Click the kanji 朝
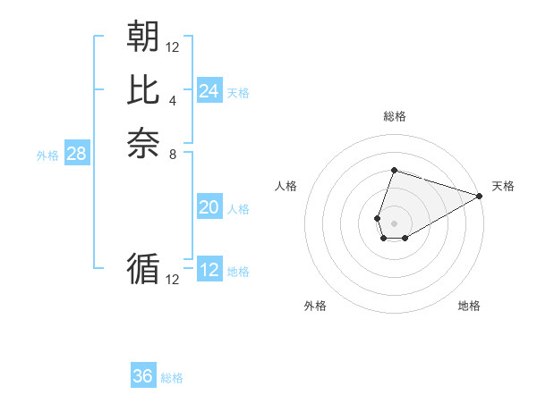143,37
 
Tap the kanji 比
143,90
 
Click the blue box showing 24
209,91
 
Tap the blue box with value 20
209,207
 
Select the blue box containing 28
76,154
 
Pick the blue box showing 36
143,376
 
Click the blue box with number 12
209,270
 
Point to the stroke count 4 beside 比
173,100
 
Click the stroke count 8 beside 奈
173,154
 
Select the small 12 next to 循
173,280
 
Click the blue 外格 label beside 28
47,155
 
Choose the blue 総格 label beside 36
172,378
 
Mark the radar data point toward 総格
394,170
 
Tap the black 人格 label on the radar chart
286,186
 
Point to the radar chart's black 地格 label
469,306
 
